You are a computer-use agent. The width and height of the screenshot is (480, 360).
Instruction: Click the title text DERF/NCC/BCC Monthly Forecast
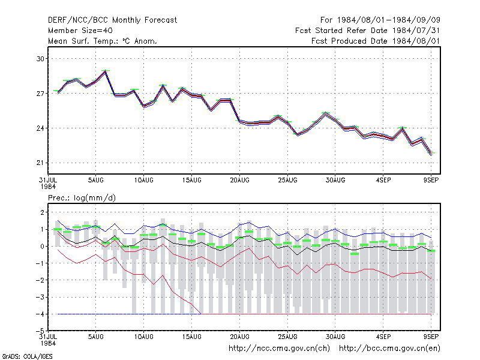(x=112, y=20)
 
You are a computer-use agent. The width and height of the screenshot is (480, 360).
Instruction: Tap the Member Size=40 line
(x=80, y=31)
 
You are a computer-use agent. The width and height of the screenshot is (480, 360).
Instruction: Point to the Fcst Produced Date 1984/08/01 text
(x=376, y=41)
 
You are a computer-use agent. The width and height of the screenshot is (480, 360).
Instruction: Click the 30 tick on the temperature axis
(x=40, y=59)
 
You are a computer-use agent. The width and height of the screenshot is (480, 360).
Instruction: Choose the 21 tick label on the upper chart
(x=40, y=163)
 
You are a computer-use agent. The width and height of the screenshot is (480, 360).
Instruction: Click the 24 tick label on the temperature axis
(x=40, y=128)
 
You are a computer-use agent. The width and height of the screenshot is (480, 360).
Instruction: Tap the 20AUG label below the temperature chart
(x=239, y=181)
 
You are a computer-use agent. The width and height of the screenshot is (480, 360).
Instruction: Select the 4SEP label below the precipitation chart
(x=383, y=337)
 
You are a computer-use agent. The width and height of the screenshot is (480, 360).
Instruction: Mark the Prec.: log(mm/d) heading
(x=82, y=198)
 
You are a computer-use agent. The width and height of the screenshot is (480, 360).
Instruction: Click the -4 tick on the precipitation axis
(x=40, y=314)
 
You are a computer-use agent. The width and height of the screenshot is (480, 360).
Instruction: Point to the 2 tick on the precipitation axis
(x=42, y=212)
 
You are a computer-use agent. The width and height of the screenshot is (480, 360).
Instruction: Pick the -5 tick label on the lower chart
(x=40, y=331)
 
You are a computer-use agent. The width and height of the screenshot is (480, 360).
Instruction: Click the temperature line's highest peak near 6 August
(x=106, y=71)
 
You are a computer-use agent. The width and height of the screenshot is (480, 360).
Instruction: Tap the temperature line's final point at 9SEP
(x=431, y=154)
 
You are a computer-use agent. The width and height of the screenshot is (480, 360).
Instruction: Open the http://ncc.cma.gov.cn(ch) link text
(x=279, y=349)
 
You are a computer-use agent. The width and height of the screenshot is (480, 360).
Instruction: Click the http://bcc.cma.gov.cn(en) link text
(x=389, y=349)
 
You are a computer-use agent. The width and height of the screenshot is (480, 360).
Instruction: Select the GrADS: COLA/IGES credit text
(x=28, y=356)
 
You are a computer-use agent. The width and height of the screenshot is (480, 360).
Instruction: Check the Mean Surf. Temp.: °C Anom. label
(x=103, y=41)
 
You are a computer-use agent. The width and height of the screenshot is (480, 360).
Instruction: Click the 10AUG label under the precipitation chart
(x=144, y=337)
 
